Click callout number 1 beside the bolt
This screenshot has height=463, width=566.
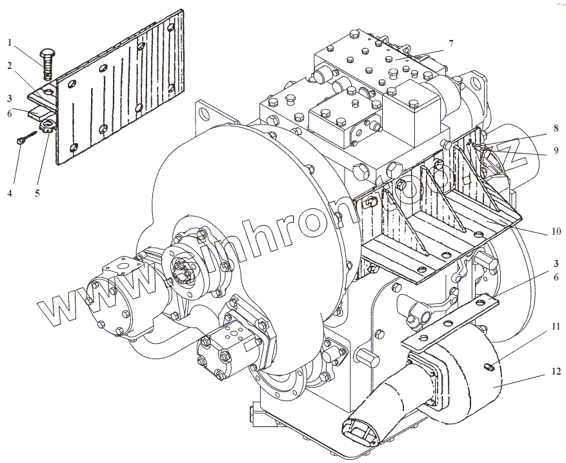coord(10,43)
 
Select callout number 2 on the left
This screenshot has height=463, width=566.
coord(10,66)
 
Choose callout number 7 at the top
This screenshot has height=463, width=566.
coord(450,43)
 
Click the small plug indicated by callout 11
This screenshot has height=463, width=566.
coord(489,368)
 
